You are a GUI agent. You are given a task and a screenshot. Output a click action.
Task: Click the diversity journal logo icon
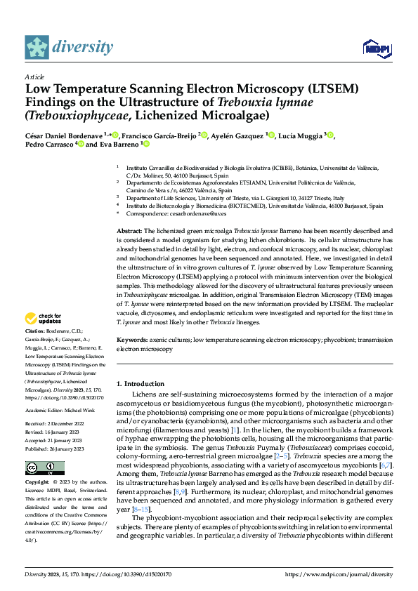coord(37,47)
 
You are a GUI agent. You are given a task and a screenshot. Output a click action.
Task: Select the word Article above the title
coord(34,77)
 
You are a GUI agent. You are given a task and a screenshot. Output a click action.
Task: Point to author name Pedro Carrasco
coord(50,144)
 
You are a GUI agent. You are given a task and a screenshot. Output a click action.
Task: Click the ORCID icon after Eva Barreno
coord(147,144)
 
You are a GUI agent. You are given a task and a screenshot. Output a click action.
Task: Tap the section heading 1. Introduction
coord(140,384)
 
